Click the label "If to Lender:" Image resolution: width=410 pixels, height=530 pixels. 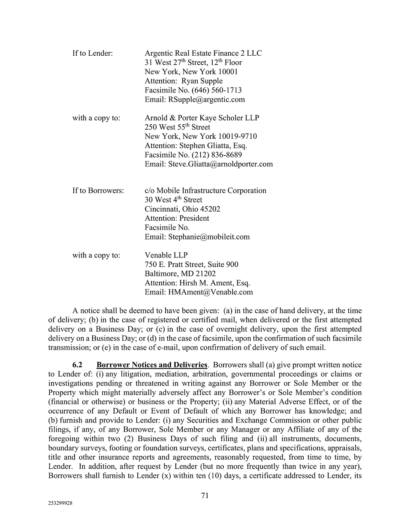[92, 54]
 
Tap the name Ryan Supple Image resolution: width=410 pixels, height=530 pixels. [202, 81]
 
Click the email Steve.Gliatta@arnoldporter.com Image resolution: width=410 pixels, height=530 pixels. [220, 164]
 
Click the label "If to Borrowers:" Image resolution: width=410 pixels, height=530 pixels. [98, 191]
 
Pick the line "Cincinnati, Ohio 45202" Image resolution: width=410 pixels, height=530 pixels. [182, 209]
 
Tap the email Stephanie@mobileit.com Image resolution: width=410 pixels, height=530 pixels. [209, 237]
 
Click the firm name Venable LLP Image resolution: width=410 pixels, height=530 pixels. [166, 255]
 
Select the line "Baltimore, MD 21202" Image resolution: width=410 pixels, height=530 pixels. [180, 274]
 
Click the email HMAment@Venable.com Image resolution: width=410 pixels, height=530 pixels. [211, 292]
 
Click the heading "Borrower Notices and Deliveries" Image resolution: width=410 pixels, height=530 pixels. [152, 365]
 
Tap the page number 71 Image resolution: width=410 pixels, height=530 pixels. [205, 496]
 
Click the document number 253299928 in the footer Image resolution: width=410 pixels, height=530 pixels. [60, 504]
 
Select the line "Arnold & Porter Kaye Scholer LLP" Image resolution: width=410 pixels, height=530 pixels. [202, 118]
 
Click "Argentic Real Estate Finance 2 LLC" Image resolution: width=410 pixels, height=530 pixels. [203, 54]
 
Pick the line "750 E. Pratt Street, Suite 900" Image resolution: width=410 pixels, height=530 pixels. [191, 265]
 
